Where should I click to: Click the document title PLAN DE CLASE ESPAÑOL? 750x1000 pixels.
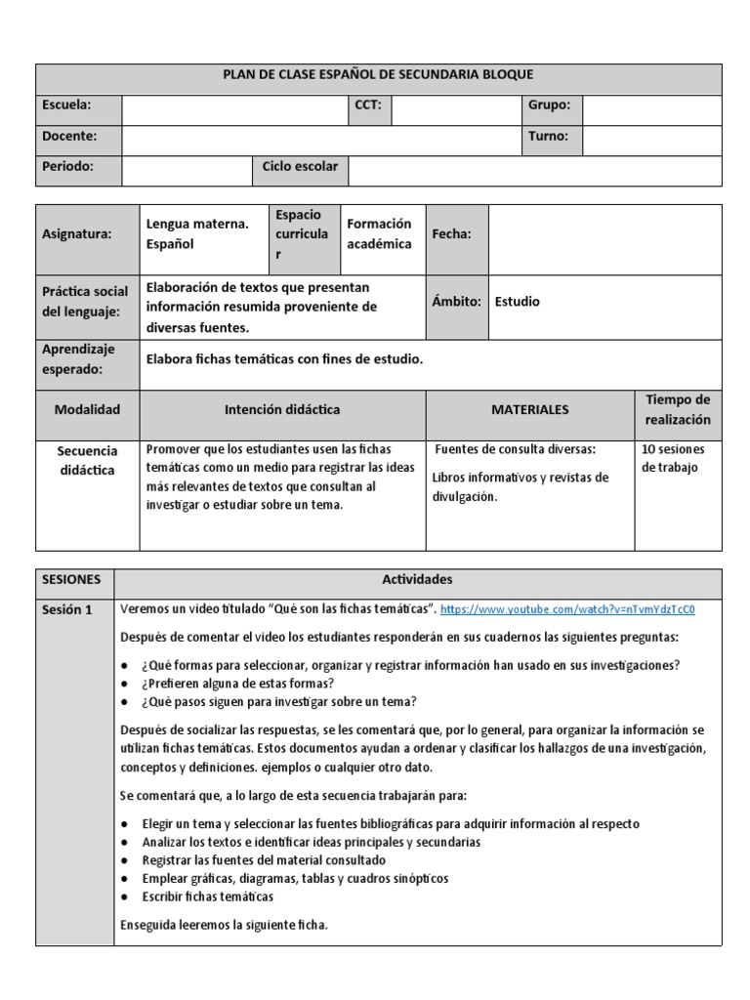coord(379,75)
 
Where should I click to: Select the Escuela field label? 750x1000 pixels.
coord(66,105)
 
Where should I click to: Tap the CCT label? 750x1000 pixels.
coord(367,105)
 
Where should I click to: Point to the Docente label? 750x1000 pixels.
coord(68,137)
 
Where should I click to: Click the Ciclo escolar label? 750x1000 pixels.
coord(300,167)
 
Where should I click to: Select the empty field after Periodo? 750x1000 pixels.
coord(187,170)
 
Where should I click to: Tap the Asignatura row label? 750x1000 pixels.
coord(77,234)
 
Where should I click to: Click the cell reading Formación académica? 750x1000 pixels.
coord(379,234)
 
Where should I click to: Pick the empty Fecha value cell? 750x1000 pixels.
coord(604,238)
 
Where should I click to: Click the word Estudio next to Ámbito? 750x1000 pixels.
coord(518,302)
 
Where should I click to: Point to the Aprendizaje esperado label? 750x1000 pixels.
coord(78,359)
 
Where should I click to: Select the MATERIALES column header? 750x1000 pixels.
coord(529,410)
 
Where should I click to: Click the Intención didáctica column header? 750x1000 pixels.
coord(282,410)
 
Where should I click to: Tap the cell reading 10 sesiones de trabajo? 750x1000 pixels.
coord(674,459)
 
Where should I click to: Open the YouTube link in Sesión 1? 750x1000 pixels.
coord(567,610)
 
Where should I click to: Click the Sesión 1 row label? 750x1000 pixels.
coord(67,610)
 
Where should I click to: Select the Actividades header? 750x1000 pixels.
coord(417,580)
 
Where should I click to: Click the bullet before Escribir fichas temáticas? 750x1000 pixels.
coord(125,896)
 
